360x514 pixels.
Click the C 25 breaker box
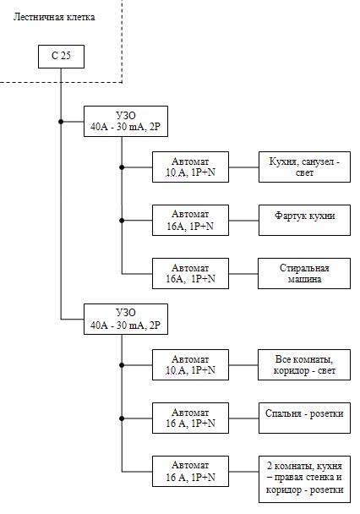61,57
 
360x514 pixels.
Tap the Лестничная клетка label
54,17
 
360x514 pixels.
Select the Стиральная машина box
304,273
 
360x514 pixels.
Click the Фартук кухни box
304,221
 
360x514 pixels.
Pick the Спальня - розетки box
304,418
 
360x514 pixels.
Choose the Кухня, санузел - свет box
304,167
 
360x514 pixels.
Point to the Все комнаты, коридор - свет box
304,365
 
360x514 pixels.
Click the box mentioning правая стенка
304,479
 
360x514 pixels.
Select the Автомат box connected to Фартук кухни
190,221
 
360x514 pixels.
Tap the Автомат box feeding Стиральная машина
190,273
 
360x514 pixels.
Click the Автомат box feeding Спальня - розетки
190,418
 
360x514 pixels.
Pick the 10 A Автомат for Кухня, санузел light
190,167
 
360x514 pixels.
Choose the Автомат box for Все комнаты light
190,365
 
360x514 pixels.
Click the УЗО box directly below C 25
126,121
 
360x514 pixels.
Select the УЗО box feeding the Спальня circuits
126,320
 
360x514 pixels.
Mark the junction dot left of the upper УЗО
61,122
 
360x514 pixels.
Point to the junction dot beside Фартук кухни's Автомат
122,221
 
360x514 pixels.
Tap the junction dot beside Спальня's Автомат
122,418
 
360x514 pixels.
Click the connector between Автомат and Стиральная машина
243,274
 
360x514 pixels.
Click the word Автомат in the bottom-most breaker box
190,465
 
